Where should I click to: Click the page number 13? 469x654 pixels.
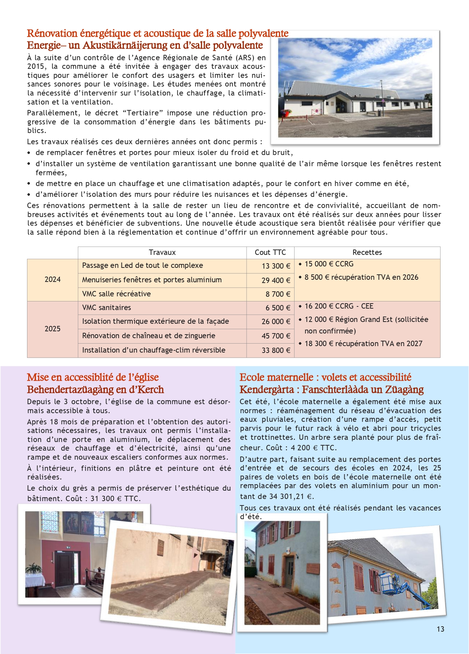[440, 629]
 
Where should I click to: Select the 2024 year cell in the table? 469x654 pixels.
[53, 279]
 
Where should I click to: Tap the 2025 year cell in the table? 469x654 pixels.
[53, 329]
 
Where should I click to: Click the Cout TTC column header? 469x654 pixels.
[270, 252]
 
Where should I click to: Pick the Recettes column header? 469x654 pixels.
[367, 252]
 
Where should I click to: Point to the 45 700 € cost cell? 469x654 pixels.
[276, 336]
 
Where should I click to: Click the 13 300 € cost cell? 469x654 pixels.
[276, 266]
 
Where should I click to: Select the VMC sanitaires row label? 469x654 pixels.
[107, 308]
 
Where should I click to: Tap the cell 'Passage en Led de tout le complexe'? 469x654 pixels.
[142, 265]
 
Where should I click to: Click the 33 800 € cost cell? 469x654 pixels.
[276, 350]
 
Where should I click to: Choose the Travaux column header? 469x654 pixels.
[162, 252]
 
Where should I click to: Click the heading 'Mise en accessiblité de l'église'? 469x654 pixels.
[93, 377]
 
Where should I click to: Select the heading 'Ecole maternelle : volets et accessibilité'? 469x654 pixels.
[325, 377]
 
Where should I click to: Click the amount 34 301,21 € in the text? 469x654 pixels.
[290, 496]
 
